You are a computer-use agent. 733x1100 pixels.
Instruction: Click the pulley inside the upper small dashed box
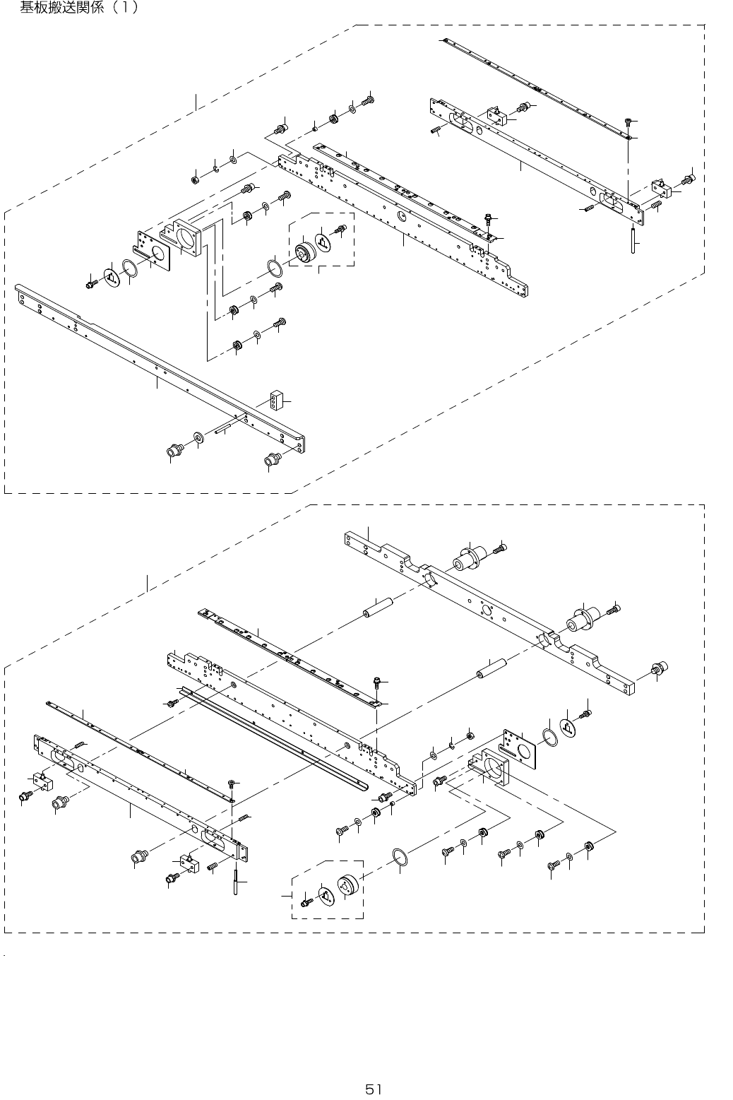click(x=306, y=254)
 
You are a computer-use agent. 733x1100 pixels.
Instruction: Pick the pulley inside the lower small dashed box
click(x=348, y=887)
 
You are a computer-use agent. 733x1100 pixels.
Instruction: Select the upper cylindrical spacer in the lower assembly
click(x=377, y=607)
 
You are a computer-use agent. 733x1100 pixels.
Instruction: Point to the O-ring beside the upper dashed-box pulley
click(x=275, y=269)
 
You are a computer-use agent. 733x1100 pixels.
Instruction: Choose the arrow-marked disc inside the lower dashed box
click(x=325, y=896)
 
